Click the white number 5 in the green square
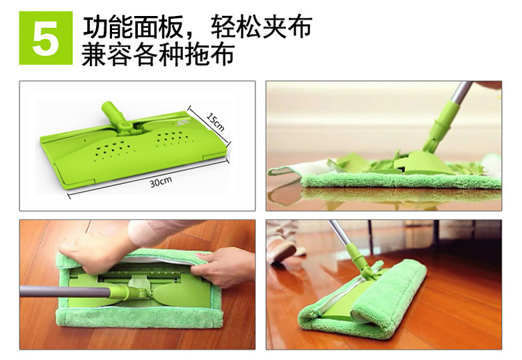click(x=46, y=39)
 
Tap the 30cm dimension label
click(x=161, y=182)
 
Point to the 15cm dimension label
click(x=215, y=122)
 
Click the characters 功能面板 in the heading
click(x=133, y=27)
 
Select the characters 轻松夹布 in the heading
click(x=262, y=27)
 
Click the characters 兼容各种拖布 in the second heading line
click(x=157, y=54)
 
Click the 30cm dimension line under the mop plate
click(x=149, y=178)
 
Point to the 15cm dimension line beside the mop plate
click(x=209, y=126)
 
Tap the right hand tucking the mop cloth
click(x=221, y=267)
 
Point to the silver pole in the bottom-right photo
click(x=338, y=233)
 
